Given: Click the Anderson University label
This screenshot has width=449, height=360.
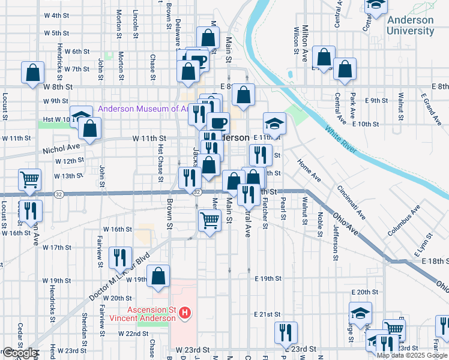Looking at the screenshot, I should (410, 25).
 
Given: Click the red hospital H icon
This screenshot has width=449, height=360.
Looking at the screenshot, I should (185, 313).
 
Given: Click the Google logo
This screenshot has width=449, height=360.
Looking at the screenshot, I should (19, 353).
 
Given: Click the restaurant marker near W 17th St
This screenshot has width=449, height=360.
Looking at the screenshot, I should (120, 258).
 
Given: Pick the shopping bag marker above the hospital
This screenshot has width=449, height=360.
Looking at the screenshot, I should (158, 276).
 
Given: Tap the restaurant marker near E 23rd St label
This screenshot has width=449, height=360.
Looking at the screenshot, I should (286, 332).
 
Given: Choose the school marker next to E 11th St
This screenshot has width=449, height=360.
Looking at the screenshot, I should (274, 124).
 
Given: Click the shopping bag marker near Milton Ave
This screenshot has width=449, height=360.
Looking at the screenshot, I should (324, 58).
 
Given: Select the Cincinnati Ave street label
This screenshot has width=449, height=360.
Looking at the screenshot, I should (351, 202).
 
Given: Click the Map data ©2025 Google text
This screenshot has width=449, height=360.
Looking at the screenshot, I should (412, 355).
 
